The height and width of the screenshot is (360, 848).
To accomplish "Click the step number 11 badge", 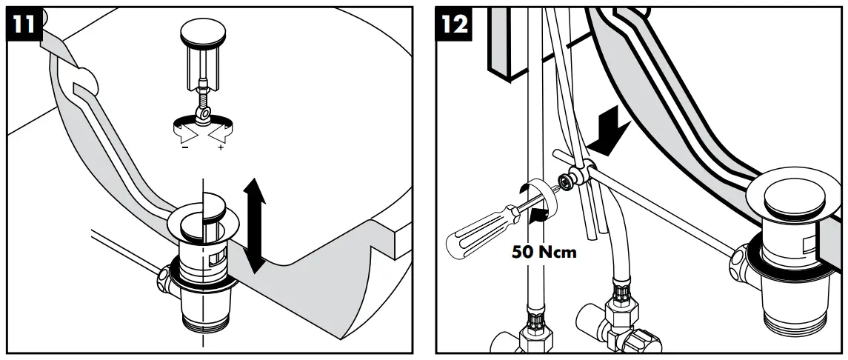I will pos(24,24).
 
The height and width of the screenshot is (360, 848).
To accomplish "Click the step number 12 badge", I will pos(454,24).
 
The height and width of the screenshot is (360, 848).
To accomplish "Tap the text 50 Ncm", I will pos(544,252).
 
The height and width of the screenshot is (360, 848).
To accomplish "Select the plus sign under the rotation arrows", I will pos(221,148).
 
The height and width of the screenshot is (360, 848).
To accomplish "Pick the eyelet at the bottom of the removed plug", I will pos(201,113).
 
